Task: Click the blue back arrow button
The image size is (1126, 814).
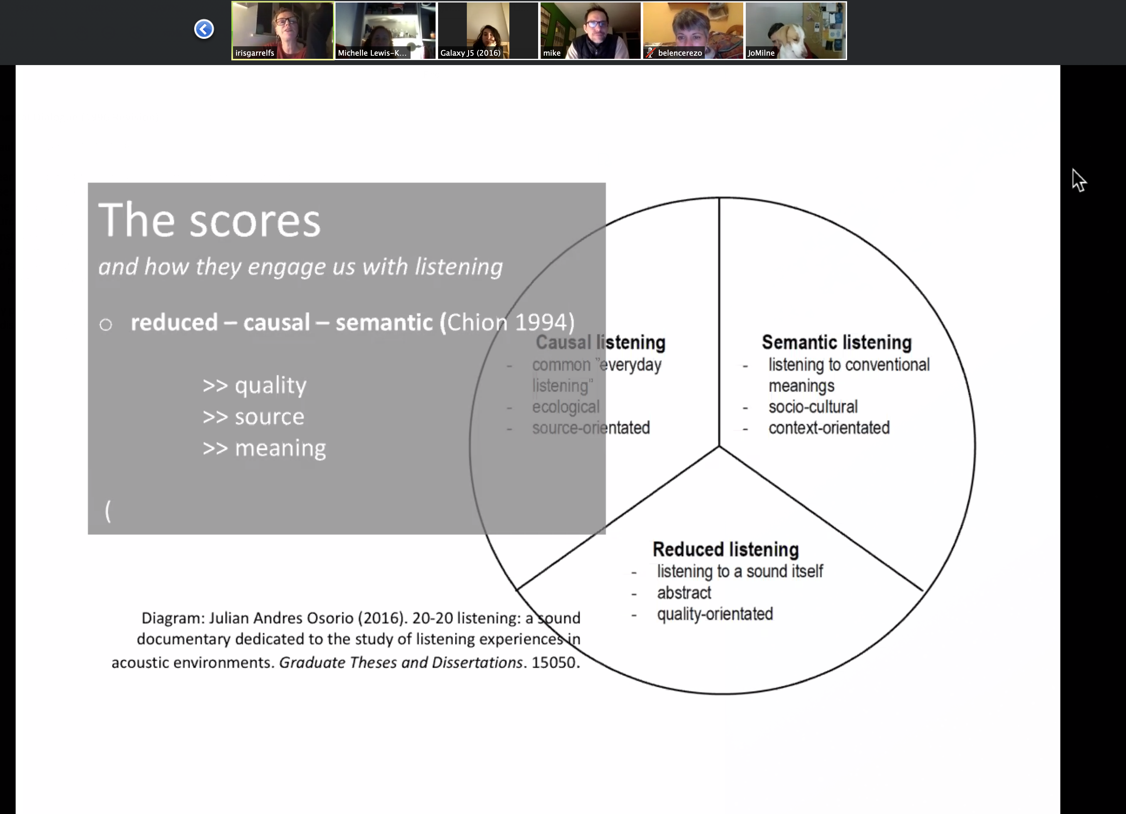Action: click(204, 29)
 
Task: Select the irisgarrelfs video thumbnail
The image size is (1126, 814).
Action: click(282, 31)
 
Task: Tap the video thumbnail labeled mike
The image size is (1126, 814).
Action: click(590, 31)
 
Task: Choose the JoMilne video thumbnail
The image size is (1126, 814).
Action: click(796, 31)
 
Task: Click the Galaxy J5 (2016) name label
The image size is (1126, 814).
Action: click(471, 53)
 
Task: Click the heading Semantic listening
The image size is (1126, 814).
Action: click(836, 342)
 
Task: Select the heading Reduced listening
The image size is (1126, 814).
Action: click(725, 549)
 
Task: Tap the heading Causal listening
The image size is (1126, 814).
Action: click(601, 342)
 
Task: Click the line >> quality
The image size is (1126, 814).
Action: click(255, 385)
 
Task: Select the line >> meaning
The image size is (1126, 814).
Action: click(264, 448)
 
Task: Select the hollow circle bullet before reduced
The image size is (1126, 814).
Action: click(105, 325)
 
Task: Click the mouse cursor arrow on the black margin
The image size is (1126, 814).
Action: click(1078, 180)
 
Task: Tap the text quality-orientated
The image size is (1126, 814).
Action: click(715, 614)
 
